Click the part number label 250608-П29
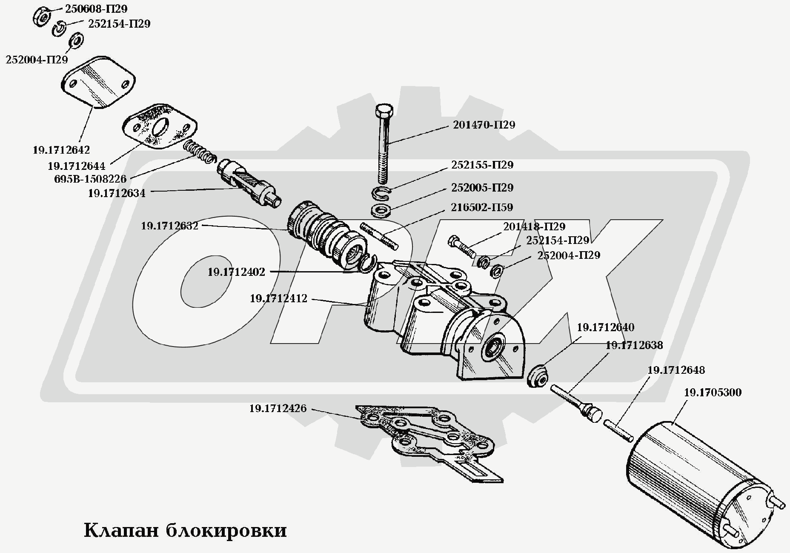[x=96, y=9]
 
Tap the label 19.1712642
[x=61, y=150]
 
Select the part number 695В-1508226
[x=90, y=179]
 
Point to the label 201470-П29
[x=484, y=125]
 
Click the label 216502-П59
[x=482, y=207]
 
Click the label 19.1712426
[x=278, y=408]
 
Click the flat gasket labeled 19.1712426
[x=426, y=434]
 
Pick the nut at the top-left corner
[x=41, y=17]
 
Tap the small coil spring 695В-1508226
[x=200, y=152]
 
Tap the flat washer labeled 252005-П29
[x=380, y=210]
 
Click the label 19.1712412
[x=278, y=298]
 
